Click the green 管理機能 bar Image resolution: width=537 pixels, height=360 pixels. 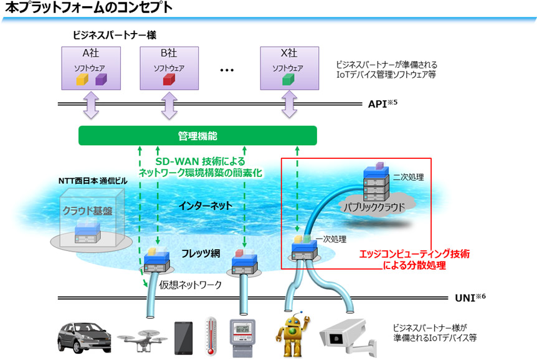(x=197, y=135)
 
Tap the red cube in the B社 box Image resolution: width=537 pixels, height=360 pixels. (x=167, y=80)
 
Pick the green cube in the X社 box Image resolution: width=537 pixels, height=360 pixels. (x=287, y=80)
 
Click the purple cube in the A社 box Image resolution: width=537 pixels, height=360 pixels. (x=100, y=79)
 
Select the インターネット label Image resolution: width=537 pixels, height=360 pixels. (x=205, y=204)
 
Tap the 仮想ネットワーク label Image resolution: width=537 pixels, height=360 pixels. (x=191, y=285)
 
